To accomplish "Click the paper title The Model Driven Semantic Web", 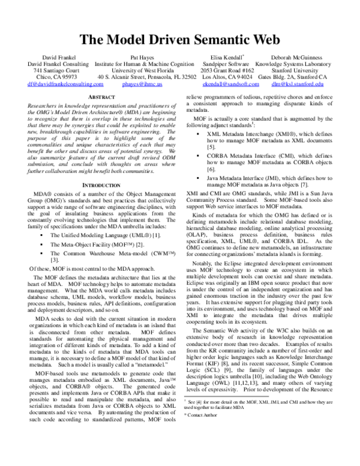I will pyautogui.click(x=180, y=40).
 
